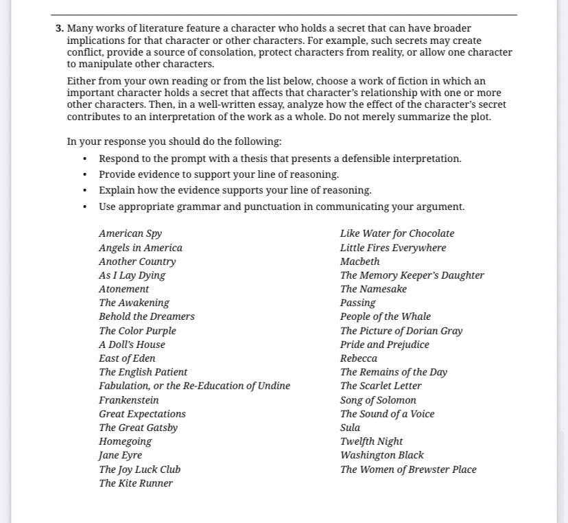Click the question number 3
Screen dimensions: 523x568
[60, 29]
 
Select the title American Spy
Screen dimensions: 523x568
[130, 233]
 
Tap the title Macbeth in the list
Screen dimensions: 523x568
[359, 261]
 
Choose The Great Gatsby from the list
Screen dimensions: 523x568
[138, 428]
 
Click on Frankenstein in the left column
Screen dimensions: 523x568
[128, 400]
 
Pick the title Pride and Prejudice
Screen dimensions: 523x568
[384, 345]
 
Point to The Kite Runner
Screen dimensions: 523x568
[136, 483]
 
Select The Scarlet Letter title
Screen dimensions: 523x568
[381, 386]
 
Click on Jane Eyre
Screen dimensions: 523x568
[120, 455]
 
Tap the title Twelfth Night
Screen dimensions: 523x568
[371, 441]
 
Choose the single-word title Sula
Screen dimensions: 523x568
[350, 428]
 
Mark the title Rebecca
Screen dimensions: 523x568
[358, 358]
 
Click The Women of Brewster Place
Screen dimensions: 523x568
[408, 469]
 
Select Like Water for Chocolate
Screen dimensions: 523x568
[397, 233]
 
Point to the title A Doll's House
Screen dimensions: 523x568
[132, 345]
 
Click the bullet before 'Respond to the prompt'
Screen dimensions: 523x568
[85, 159]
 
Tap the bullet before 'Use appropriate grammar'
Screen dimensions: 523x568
[85, 207]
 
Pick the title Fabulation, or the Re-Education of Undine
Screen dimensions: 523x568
[194, 386]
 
